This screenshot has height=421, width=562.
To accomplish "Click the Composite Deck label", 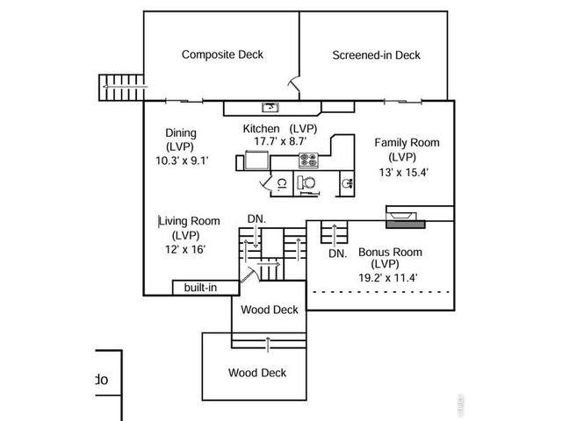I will [x=222, y=54].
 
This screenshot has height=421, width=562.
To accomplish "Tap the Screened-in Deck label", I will [x=376, y=55].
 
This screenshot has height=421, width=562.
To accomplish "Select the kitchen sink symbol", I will [x=272, y=107].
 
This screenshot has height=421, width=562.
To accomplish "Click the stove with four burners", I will [x=309, y=160].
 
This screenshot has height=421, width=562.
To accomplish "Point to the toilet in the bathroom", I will [x=305, y=183].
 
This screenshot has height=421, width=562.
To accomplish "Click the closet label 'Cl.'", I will [x=282, y=184].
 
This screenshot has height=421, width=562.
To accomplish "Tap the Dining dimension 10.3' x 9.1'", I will [x=182, y=161].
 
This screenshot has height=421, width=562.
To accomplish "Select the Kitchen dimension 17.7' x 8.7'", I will [x=279, y=141].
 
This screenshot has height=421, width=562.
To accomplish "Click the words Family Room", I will [x=407, y=142].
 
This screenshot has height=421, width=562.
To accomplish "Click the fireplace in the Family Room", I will [x=406, y=217].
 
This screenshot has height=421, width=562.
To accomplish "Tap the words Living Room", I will [x=189, y=221].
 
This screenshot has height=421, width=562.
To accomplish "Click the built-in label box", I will [x=200, y=288].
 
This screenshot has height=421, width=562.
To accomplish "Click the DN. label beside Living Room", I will [x=256, y=218].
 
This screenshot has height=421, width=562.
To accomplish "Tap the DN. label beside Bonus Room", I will [x=337, y=253].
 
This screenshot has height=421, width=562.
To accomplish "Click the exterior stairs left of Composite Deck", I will [x=121, y=87].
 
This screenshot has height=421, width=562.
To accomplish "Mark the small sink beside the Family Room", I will [x=348, y=183].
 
